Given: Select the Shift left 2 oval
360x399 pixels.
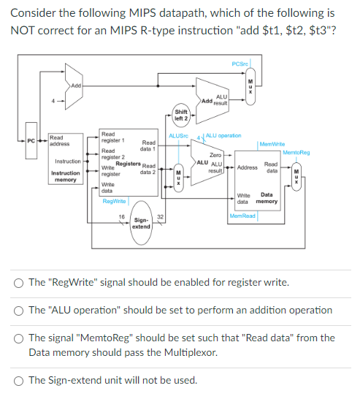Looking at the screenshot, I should click(x=180, y=114).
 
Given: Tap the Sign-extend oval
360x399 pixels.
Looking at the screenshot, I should click(x=141, y=223).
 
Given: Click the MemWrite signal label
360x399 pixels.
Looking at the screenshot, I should click(x=272, y=144).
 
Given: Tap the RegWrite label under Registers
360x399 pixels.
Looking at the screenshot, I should click(x=115, y=200).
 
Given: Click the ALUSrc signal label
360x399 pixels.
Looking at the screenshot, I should click(x=179, y=137).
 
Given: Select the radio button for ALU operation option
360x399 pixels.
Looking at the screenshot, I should click(x=18, y=311).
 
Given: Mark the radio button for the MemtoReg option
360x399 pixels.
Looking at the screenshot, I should click(x=18, y=338).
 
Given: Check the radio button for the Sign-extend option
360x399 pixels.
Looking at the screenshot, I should click(x=18, y=379).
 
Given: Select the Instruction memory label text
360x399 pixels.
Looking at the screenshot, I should click(x=66, y=176).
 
